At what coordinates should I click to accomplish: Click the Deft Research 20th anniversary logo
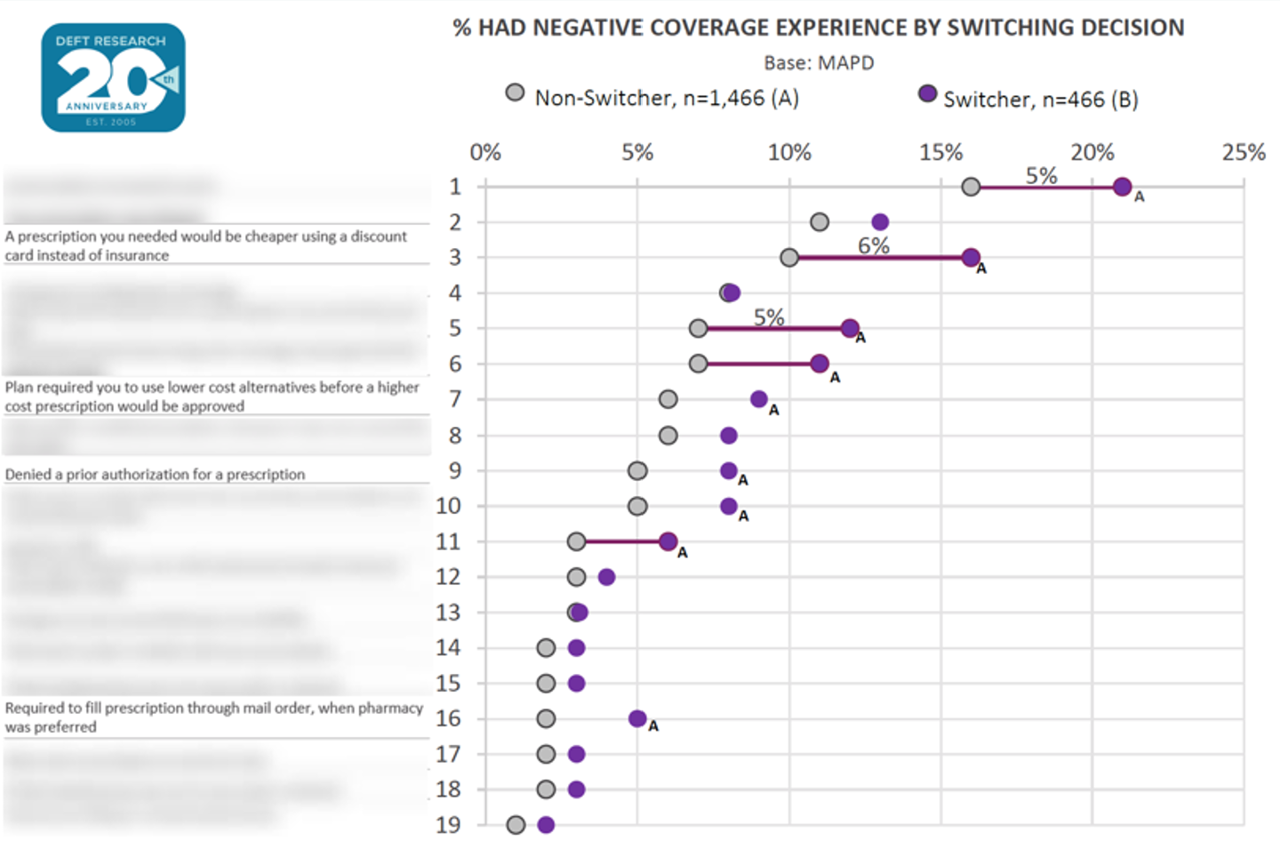pos(113,78)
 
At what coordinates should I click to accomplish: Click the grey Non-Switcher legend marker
pos(515,92)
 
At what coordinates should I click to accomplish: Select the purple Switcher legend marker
pos(927,93)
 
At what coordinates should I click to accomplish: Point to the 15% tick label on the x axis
pos(940,153)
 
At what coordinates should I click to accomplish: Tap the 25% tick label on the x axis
pos(1243,153)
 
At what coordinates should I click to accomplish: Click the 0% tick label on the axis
pos(485,153)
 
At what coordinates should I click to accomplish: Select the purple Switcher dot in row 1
pos(1122,187)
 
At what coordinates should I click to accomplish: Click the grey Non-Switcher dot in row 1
pos(971,187)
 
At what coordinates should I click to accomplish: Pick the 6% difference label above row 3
pos(873,246)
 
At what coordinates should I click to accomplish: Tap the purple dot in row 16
pos(637,718)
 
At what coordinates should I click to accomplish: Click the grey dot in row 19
pos(516,825)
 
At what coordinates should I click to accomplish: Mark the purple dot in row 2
pos(880,222)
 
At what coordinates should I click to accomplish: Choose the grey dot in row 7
pos(668,399)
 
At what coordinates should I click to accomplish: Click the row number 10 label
pos(448,506)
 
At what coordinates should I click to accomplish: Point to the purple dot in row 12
pos(606,577)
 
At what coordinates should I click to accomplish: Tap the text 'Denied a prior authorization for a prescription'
pos(155,475)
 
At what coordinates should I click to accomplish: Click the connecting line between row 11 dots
pos(622,541)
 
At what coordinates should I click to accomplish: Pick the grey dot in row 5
pos(698,329)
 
